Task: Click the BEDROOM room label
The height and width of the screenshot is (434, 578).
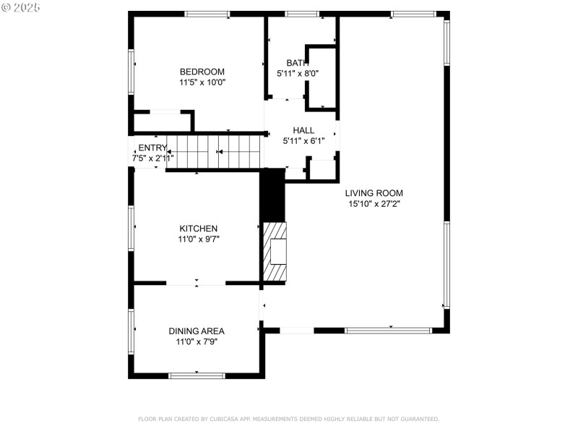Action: tap(202, 72)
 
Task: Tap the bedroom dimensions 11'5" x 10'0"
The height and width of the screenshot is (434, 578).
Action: tap(202, 82)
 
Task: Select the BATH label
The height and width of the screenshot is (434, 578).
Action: tap(297, 63)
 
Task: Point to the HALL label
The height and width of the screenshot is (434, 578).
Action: tap(303, 130)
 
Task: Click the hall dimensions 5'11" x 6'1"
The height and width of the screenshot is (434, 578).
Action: tap(303, 141)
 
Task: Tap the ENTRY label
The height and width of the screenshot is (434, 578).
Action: tap(152, 148)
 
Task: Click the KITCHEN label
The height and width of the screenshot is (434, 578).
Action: tap(199, 229)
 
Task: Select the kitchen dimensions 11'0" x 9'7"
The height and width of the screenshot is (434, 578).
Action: tap(199, 239)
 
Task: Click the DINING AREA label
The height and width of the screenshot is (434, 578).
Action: tap(197, 331)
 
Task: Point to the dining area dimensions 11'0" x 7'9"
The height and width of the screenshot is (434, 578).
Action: tap(197, 341)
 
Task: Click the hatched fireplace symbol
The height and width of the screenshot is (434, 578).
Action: tap(275, 252)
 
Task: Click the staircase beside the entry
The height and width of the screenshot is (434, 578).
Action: tap(213, 152)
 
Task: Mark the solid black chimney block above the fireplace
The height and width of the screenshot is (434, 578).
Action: tap(272, 195)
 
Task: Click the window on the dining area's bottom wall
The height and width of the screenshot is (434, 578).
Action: tap(197, 375)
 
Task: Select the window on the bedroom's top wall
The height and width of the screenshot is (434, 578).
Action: tap(207, 14)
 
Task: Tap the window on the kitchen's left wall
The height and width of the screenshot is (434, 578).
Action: tap(131, 228)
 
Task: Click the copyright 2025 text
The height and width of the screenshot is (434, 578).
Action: tap(21, 7)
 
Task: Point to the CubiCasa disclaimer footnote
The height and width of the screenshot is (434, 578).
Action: tap(288, 419)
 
